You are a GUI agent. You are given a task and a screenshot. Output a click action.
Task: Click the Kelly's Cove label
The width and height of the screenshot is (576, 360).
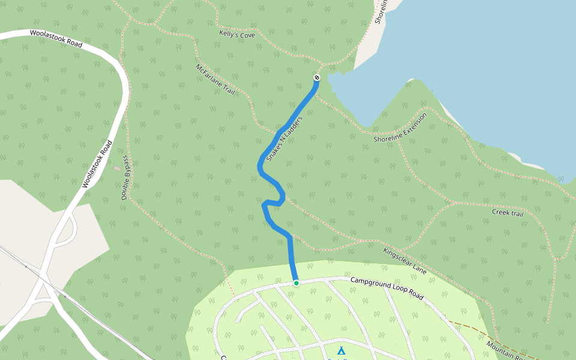237,35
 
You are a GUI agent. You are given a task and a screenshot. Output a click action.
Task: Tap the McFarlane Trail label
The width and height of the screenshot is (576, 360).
214,80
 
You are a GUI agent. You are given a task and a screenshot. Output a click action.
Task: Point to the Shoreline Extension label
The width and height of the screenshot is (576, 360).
400,128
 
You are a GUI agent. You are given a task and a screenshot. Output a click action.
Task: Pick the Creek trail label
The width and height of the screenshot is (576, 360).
508,212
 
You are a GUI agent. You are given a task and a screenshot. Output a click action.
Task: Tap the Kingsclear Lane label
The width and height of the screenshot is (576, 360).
404,261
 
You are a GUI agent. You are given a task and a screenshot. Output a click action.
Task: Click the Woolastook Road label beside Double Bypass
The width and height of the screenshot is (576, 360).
97,164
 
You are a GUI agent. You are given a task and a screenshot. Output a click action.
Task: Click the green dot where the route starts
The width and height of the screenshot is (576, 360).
296,283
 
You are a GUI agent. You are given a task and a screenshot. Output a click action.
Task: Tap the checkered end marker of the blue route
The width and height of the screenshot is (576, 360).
317,77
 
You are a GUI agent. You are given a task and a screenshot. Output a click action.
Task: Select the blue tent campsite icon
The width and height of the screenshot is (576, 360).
341,350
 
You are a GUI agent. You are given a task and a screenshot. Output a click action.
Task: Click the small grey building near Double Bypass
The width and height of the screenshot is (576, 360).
116,168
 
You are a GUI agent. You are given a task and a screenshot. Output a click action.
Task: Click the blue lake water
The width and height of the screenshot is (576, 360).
480,60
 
